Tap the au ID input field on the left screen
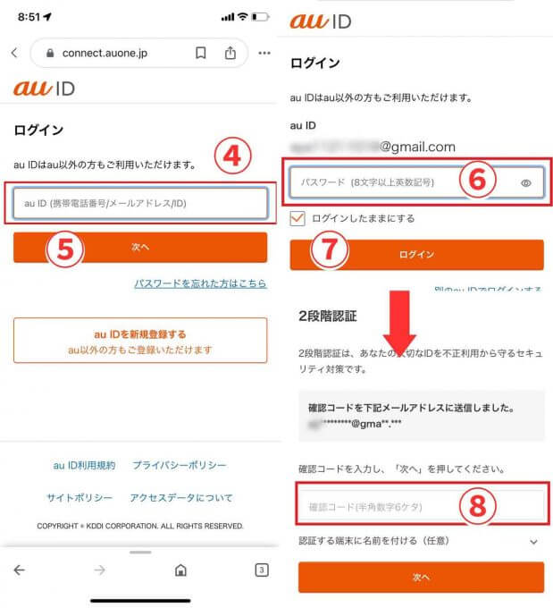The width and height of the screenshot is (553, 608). tap(139, 203)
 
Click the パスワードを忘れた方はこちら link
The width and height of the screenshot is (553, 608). tap(200, 283)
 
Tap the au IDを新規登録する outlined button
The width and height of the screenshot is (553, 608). tap(139, 341)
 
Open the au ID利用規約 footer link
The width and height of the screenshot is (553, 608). tap(84, 466)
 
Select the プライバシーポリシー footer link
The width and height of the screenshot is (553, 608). tap(179, 466)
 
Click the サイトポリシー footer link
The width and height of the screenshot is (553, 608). tap(80, 497)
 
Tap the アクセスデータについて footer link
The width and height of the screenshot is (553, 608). tap(182, 497)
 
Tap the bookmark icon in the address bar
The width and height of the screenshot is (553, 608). tap(200, 53)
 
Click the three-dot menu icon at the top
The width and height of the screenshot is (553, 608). tap(264, 53)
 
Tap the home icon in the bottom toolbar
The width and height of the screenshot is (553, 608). tap(180, 570)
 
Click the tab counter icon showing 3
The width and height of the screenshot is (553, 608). tap(262, 570)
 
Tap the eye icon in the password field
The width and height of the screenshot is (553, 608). tap(526, 182)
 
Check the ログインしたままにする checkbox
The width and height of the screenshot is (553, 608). tap(297, 218)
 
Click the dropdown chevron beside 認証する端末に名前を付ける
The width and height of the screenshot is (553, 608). tap(533, 541)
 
